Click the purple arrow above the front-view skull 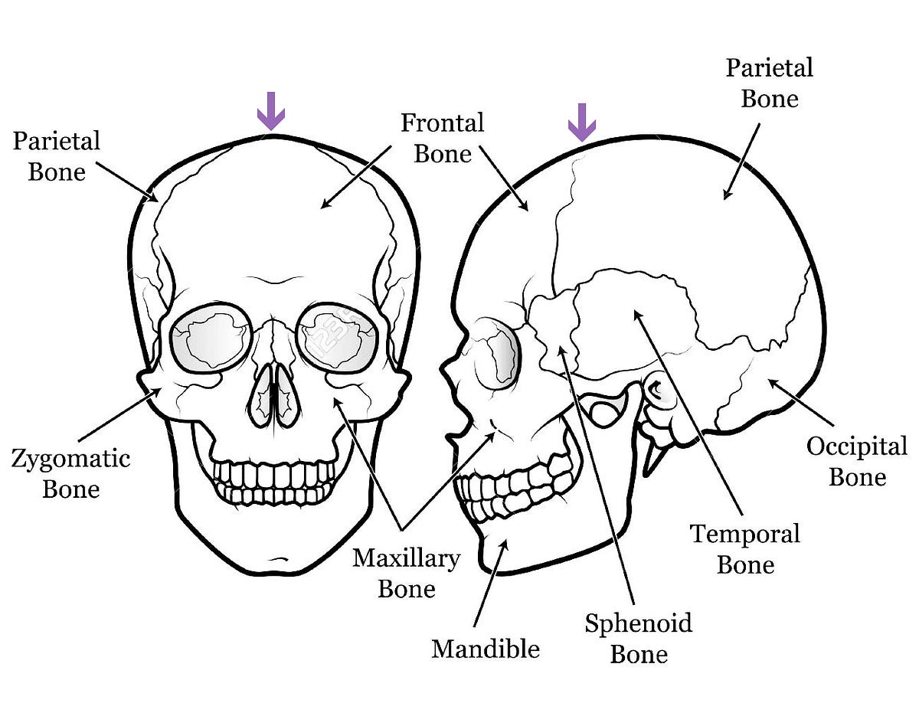(x=271, y=111)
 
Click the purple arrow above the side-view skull (x=581, y=123)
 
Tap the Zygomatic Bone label (x=71, y=473)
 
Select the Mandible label (x=486, y=649)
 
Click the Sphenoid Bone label (x=639, y=639)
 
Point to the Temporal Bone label (x=745, y=549)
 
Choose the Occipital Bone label (x=857, y=462)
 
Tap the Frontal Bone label (x=443, y=139)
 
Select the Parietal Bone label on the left (x=57, y=156)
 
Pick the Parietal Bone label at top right (x=770, y=83)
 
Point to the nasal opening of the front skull (x=274, y=395)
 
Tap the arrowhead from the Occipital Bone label (x=773, y=383)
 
